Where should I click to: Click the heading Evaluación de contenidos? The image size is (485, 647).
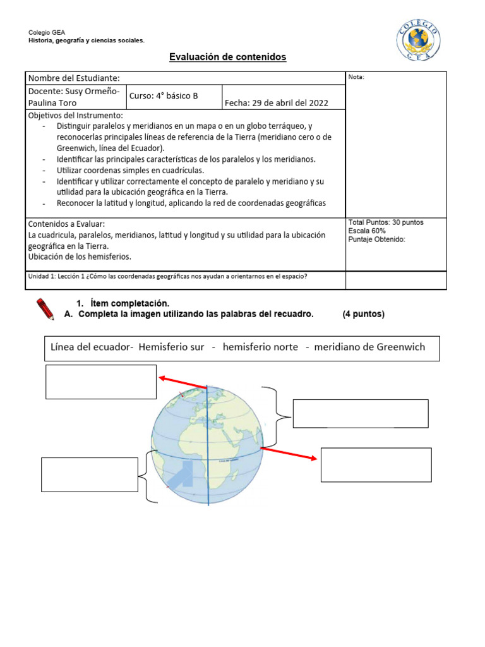[227, 57]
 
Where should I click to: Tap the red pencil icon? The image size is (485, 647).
[45, 309]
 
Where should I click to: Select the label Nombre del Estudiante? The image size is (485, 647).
[73, 78]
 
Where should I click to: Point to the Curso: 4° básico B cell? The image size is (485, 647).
[164, 96]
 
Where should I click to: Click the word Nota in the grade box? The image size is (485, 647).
[356, 77]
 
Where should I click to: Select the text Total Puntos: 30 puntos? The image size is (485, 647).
[386, 223]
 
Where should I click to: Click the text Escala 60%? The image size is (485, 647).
[367, 231]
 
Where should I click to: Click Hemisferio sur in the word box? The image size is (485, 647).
[172, 347]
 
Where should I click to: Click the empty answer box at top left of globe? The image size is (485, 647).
[101, 382]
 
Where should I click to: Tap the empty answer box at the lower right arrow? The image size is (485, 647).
[376, 464]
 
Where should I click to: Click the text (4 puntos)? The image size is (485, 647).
[363, 315]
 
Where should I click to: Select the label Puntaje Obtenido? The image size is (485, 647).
[376, 239]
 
